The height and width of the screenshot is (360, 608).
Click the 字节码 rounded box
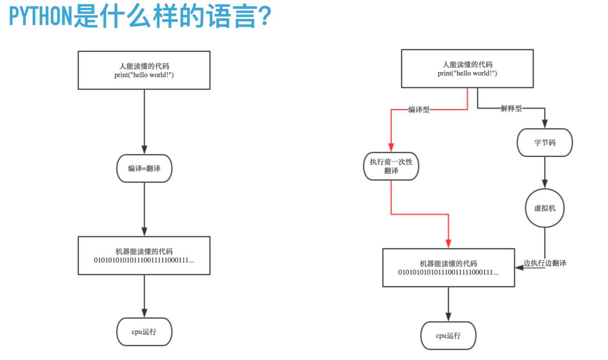[545, 143]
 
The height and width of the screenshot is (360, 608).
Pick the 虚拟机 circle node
[545, 208]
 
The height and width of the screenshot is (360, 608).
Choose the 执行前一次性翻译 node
[391, 166]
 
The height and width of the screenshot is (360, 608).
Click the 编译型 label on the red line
[419, 109]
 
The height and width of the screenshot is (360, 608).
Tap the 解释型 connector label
[511, 108]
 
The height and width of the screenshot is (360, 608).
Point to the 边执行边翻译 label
[545, 263]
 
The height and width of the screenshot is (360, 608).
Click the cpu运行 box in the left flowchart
[144, 332]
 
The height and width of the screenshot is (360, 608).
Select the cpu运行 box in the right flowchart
[448, 336]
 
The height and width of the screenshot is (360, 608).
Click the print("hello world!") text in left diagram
[144, 75]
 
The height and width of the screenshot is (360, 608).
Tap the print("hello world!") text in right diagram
[467, 73]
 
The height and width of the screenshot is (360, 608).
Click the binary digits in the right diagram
[448, 272]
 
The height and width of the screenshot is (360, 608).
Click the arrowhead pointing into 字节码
[545, 124]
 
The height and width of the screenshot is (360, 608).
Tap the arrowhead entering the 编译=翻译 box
[144, 150]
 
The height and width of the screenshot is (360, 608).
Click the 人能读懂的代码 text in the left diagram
[144, 67]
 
